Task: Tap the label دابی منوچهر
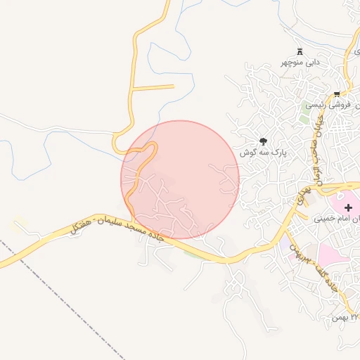click(x=301, y=62)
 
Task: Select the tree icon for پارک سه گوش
click(x=264, y=141)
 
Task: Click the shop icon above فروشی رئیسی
click(x=337, y=94)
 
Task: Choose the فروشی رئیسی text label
click(x=331, y=105)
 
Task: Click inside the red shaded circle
click(x=180, y=180)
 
